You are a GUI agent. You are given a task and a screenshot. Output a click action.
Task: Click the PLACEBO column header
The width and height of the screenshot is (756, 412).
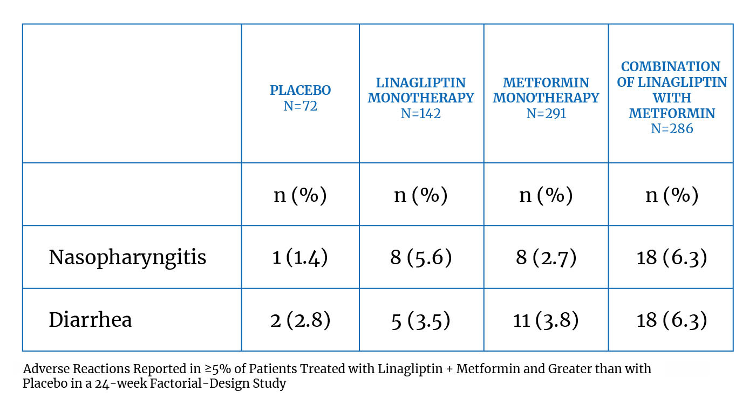pos(300,90)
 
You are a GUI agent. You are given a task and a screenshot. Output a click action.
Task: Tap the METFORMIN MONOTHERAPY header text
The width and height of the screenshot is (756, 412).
pos(546,90)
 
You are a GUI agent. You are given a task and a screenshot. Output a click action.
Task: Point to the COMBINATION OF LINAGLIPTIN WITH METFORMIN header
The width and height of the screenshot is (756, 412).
pos(672,90)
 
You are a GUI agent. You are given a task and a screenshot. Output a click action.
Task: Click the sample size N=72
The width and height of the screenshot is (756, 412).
pos(300,106)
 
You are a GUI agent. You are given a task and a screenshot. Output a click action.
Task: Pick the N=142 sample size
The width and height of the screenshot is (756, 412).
pos(421,114)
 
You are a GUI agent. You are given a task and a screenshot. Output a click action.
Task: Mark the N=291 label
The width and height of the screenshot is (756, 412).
pos(546,114)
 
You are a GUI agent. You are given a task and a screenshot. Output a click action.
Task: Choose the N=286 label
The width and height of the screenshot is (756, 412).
pos(672,129)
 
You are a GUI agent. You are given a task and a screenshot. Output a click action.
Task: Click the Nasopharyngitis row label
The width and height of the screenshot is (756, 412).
pos(127,257)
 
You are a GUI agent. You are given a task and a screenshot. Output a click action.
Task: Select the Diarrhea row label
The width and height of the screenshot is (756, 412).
pos(90,320)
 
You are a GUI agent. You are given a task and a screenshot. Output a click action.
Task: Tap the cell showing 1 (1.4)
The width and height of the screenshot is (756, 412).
pos(300,257)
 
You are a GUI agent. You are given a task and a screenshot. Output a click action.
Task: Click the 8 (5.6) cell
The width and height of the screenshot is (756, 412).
pos(421,257)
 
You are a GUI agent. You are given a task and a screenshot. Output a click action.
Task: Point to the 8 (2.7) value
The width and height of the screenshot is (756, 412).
pos(546,257)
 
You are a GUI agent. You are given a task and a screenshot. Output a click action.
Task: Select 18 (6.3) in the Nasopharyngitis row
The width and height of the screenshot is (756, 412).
pos(671,257)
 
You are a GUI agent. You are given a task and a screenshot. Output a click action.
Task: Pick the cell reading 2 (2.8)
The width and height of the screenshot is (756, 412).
pos(300,320)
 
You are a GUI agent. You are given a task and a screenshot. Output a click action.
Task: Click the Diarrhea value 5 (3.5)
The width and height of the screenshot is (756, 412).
pos(421,320)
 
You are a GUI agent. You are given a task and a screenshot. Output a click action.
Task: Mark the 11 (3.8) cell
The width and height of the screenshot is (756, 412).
pos(546,320)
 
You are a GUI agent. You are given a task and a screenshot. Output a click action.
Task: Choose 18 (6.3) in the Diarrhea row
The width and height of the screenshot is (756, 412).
pos(671,320)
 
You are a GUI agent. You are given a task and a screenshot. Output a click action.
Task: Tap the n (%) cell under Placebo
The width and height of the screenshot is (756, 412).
pos(300,195)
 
